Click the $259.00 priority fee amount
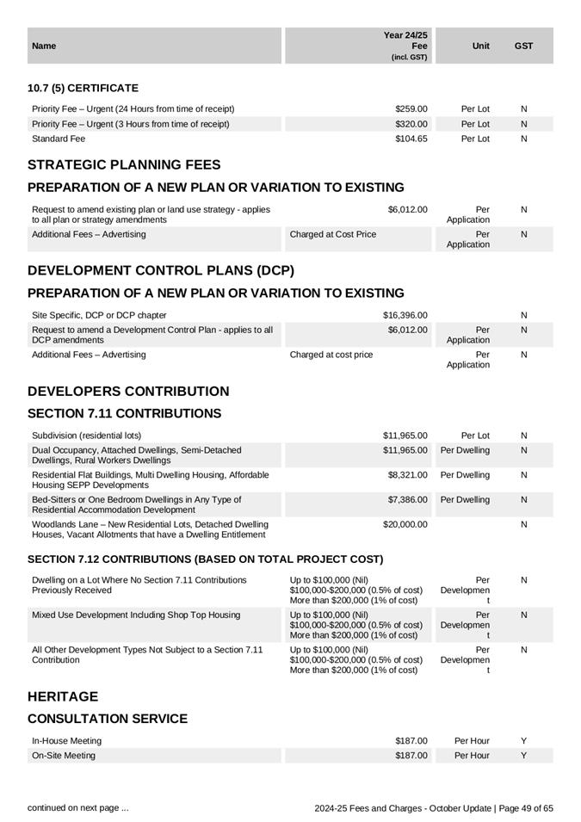(x=411, y=109)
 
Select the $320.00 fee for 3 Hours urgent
(x=411, y=124)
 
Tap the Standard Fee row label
(x=59, y=139)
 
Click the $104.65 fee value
(x=411, y=139)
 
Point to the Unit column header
(x=481, y=46)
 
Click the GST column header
(x=523, y=46)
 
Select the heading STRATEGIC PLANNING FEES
(x=124, y=165)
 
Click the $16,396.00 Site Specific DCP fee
(x=405, y=315)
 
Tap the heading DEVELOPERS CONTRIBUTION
(x=128, y=392)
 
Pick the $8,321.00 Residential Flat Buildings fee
(x=407, y=475)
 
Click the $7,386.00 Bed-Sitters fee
(x=407, y=500)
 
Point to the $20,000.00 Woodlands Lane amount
(x=405, y=524)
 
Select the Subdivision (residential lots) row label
(x=86, y=436)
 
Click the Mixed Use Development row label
(x=136, y=615)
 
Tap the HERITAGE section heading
(x=63, y=697)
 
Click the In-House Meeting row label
(x=66, y=741)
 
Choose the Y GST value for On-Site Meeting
(x=523, y=756)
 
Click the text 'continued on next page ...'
(x=78, y=808)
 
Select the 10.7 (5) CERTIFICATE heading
(x=83, y=89)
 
